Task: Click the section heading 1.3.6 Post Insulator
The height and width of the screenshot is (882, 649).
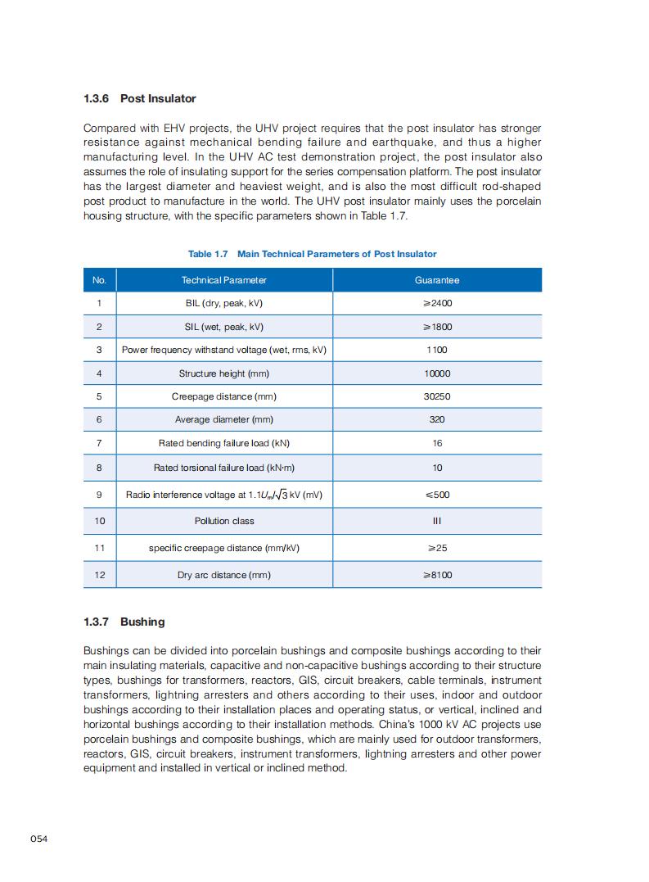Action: pos(140,98)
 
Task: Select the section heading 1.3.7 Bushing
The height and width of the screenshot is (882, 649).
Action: pos(124,622)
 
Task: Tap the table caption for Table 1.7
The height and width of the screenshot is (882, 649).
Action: pos(312,254)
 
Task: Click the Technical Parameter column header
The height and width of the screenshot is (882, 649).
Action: pos(223,280)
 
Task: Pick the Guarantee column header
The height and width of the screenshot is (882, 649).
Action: pos(437,280)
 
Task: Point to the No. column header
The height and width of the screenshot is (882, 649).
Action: pos(99,280)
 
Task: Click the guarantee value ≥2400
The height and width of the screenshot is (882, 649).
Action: pos(437,304)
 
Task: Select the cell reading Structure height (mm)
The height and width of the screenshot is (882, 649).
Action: pos(223,373)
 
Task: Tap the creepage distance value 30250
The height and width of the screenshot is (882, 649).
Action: pos(437,396)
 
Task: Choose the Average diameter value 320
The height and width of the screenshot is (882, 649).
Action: pos(437,419)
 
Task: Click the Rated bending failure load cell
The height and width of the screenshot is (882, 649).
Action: pos(223,443)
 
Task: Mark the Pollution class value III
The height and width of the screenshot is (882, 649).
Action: pos(437,521)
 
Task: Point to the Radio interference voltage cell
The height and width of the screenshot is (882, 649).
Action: pos(223,495)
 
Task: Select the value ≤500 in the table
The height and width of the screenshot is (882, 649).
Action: pos(437,495)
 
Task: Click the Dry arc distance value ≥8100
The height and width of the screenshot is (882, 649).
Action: pos(437,575)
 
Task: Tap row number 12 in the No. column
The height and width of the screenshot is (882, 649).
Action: pos(99,575)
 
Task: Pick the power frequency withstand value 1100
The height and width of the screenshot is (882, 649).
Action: pos(437,350)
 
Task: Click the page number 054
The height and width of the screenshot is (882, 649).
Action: pos(39,839)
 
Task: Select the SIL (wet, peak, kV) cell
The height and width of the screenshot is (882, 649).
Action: pos(223,327)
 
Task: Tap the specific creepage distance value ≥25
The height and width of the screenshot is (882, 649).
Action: pos(437,548)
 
